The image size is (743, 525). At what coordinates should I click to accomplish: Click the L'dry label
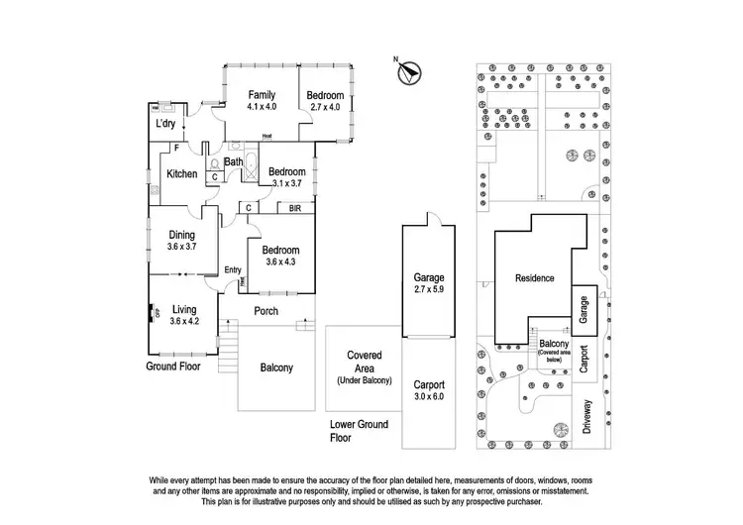coord(165,126)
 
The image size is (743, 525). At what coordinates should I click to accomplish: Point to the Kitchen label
coord(181,174)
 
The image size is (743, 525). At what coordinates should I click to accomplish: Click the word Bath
coord(234,162)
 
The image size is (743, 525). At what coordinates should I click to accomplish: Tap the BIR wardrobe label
coord(294,209)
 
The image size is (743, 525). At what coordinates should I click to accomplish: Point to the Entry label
coord(234,270)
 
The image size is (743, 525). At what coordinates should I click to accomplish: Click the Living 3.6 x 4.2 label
coord(185,316)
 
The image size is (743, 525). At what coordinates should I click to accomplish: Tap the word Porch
coord(266,311)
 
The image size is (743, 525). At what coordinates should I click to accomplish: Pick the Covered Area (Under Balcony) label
coord(364,367)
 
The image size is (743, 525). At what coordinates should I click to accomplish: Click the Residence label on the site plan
coord(534,279)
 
